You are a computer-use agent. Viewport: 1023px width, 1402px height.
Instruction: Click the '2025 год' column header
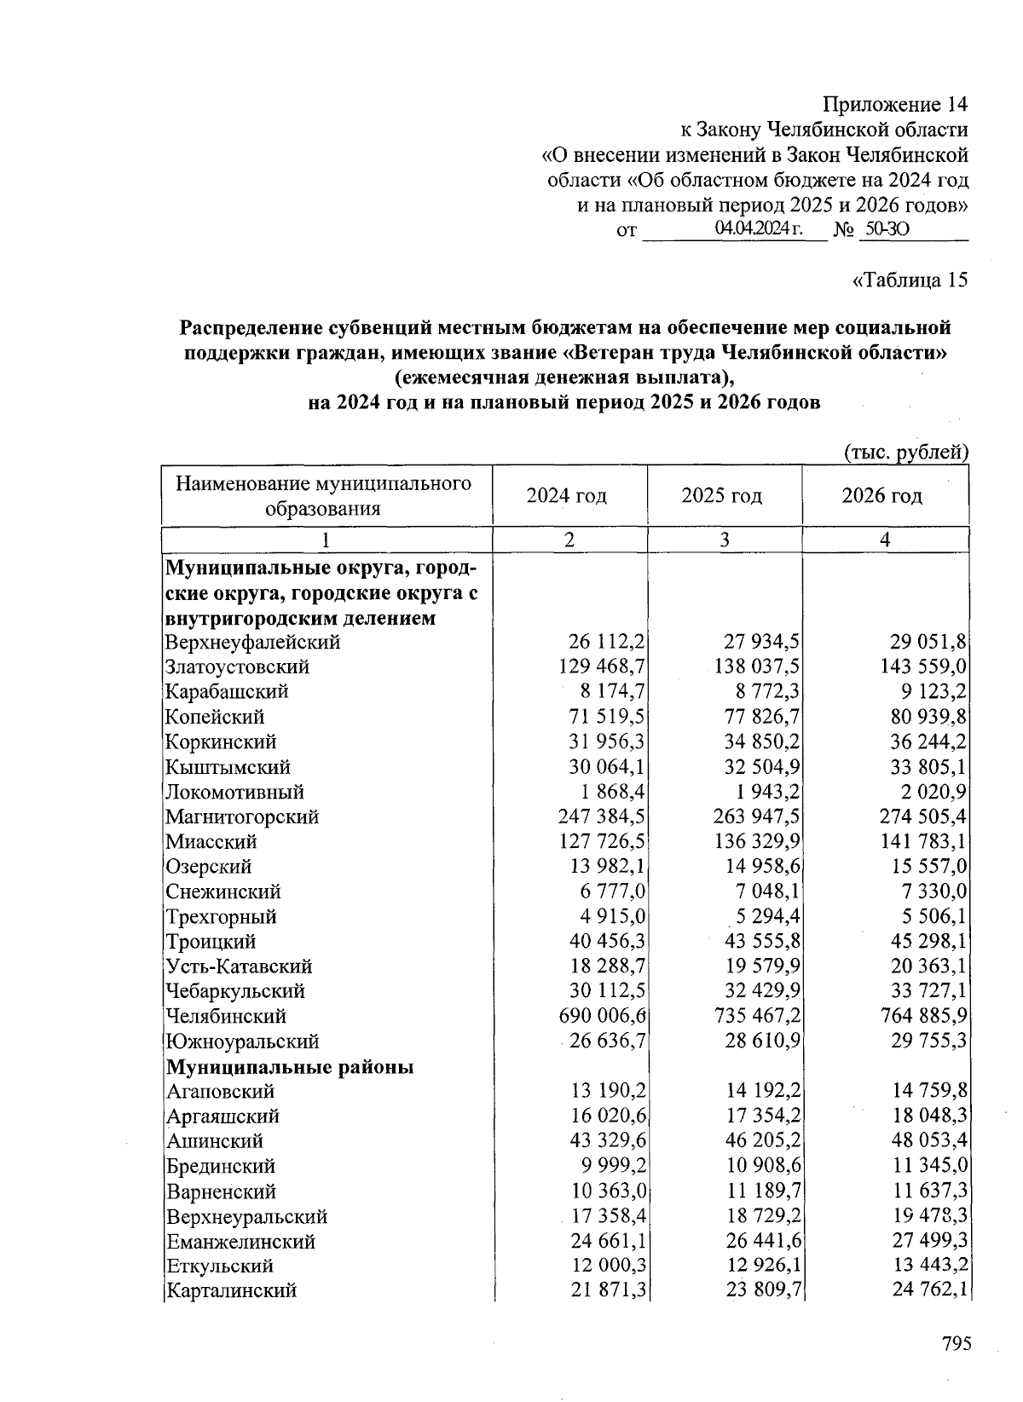(x=722, y=496)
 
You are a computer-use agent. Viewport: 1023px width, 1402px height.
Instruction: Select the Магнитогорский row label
(x=242, y=817)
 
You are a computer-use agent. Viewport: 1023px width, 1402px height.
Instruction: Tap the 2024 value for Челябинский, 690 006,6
(x=602, y=1017)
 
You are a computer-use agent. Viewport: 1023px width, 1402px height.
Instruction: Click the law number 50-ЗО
(x=887, y=229)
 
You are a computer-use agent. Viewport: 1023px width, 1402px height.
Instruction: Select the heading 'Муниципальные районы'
(x=290, y=1067)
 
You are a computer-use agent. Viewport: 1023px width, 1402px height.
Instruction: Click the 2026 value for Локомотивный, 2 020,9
(x=926, y=793)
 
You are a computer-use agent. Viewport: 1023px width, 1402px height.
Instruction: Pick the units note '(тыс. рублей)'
(x=906, y=452)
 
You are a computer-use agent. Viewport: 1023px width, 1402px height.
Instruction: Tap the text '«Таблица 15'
(x=910, y=280)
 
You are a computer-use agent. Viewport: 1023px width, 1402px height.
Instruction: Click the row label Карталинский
(x=231, y=1290)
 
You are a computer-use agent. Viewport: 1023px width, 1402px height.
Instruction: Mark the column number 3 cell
(x=724, y=539)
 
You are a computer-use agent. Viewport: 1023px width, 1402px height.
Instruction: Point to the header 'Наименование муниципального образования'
(x=323, y=496)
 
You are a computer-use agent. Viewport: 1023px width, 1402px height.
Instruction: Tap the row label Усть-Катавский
(x=239, y=966)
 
